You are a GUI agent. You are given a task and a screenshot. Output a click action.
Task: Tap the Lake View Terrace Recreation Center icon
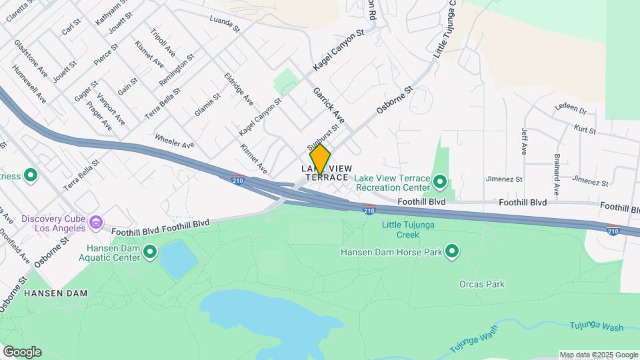(439, 181)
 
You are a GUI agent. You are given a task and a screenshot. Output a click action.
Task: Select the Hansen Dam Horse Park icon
(453, 251)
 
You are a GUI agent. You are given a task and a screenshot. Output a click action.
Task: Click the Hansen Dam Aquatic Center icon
(150, 251)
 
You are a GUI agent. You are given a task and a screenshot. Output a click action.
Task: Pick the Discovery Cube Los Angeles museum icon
(96, 221)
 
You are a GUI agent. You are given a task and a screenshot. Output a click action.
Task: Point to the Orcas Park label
(482, 284)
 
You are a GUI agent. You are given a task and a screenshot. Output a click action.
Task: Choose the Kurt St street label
(584, 127)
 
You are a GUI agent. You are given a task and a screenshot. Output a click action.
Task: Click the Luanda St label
(225, 25)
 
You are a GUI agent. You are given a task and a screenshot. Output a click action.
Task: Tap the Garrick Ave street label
(327, 106)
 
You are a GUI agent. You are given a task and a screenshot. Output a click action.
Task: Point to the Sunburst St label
(323, 137)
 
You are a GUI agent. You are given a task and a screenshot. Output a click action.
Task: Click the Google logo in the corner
(21, 352)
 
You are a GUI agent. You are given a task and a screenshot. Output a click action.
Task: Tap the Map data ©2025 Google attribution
(599, 355)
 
